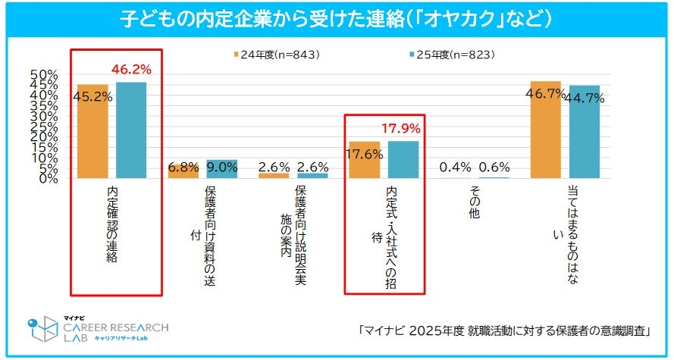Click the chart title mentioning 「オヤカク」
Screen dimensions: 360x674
point(337,17)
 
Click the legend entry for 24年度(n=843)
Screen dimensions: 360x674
point(274,55)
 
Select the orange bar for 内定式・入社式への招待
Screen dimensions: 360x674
point(364,160)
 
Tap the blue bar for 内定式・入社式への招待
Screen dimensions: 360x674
point(403,159)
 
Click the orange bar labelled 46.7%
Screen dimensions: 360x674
point(545,130)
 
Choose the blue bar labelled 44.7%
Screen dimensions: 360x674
point(584,132)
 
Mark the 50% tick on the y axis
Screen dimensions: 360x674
point(44,74)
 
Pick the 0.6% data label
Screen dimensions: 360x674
point(494,167)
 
